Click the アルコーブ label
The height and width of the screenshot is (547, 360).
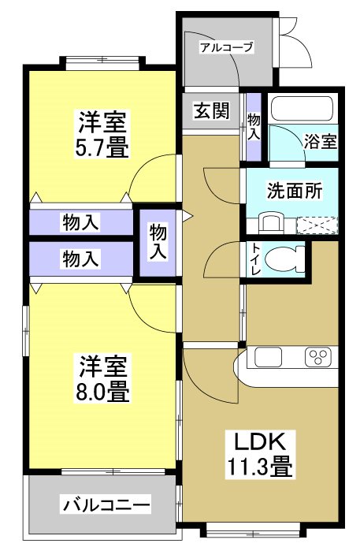pos(226,47)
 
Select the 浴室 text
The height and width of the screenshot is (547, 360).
pos(321,142)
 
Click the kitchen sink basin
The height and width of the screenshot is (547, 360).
pos(264,359)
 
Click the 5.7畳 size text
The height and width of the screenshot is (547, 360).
pos(103,147)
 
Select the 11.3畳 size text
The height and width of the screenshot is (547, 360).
pos(261,467)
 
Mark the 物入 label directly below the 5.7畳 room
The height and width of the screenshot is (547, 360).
pos(80,222)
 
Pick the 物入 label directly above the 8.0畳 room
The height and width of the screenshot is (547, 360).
pos(80,258)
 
